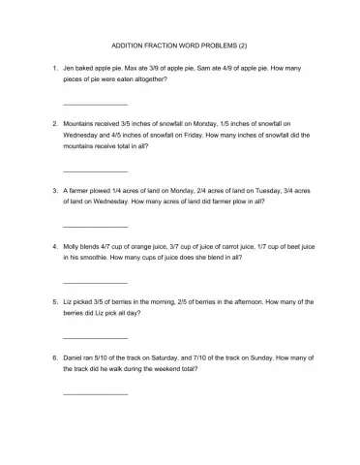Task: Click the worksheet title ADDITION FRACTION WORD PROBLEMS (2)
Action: (180, 46)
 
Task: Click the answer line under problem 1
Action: (95, 105)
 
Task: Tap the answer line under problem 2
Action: (95, 170)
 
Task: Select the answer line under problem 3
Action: (95, 226)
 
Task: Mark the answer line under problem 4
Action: (95, 282)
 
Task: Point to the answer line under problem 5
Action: (95, 338)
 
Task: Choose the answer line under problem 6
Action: (95, 394)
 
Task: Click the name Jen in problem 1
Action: (69, 71)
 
